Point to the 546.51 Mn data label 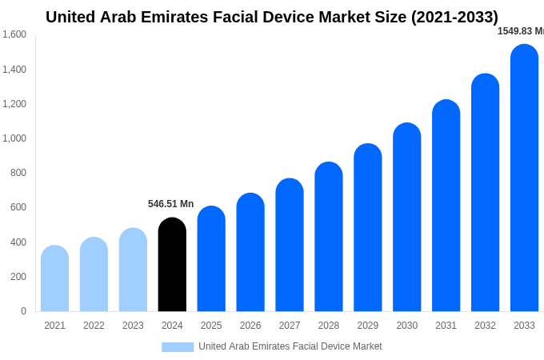(x=170, y=204)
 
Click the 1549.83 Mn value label (x=520, y=31)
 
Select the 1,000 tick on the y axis (x=14, y=138)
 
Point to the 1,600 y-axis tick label (x=14, y=34)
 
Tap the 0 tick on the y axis (x=23, y=311)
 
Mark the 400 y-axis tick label (x=18, y=242)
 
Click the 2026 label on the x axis (x=250, y=326)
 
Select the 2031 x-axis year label (x=446, y=326)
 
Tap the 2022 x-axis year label (x=94, y=326)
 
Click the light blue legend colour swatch (x=178, y=346)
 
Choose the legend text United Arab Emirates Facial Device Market (x=290, y=346)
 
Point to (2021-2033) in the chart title (x=454, y=17)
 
